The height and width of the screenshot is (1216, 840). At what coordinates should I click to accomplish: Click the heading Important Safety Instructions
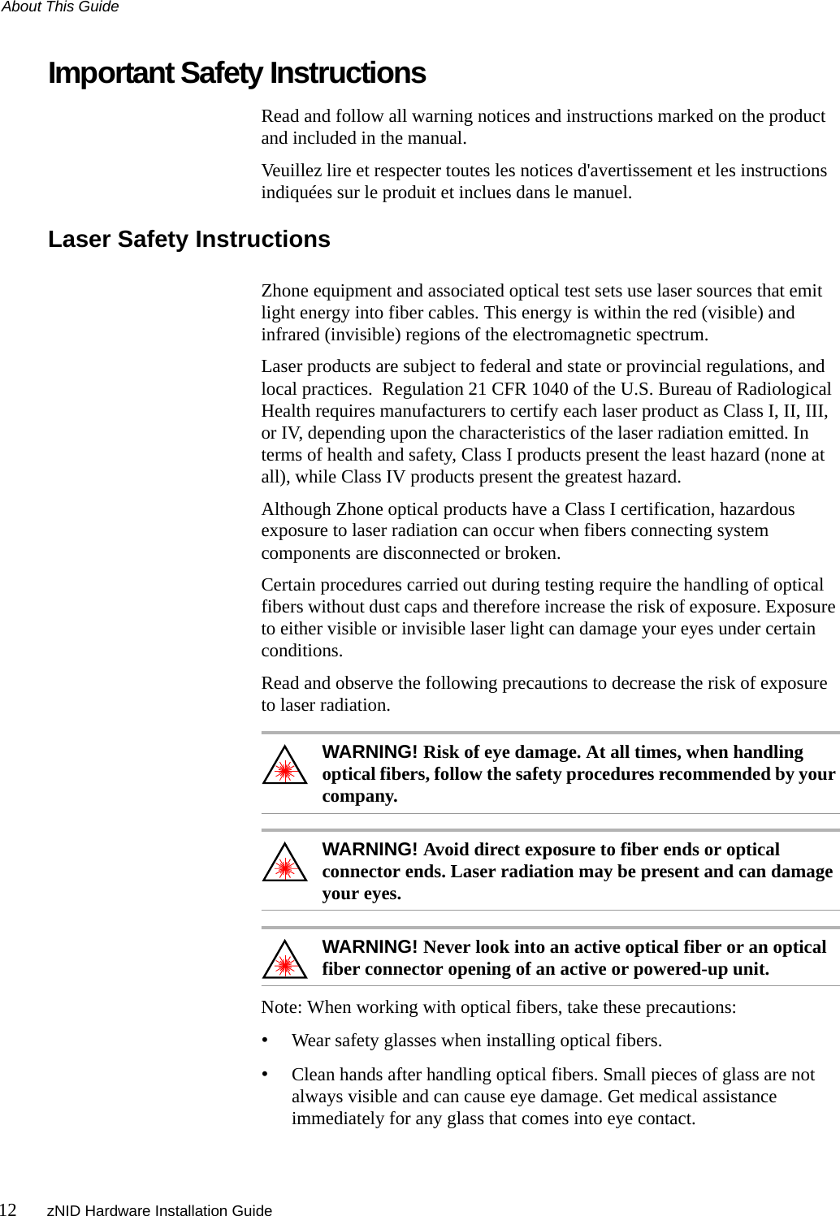(x=236, y=73)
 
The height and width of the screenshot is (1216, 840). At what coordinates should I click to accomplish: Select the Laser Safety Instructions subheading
(x=188, y=240)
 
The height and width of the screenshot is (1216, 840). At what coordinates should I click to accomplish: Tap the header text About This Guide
(x=60, y=7)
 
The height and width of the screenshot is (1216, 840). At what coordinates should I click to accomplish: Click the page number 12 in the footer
(x=8, y=1210)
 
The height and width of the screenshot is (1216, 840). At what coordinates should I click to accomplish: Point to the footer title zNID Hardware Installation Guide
(x=159, y=1210)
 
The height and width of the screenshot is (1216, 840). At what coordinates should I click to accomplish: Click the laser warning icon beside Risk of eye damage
(x=284, y=768)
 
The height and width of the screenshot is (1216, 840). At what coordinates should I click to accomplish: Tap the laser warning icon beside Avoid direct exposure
(x=284, y=865)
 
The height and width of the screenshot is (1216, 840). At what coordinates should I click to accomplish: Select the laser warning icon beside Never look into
(x=284, y=962)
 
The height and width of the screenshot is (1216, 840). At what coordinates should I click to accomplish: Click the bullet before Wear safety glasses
(x=265, y=1041)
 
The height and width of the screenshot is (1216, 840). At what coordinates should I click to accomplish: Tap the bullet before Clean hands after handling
(x=265, y=1075)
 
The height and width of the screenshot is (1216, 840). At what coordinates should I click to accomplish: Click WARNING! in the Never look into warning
(x=370, y=947)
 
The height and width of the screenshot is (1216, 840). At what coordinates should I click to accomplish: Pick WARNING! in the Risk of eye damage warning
(x=370, y=752)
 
